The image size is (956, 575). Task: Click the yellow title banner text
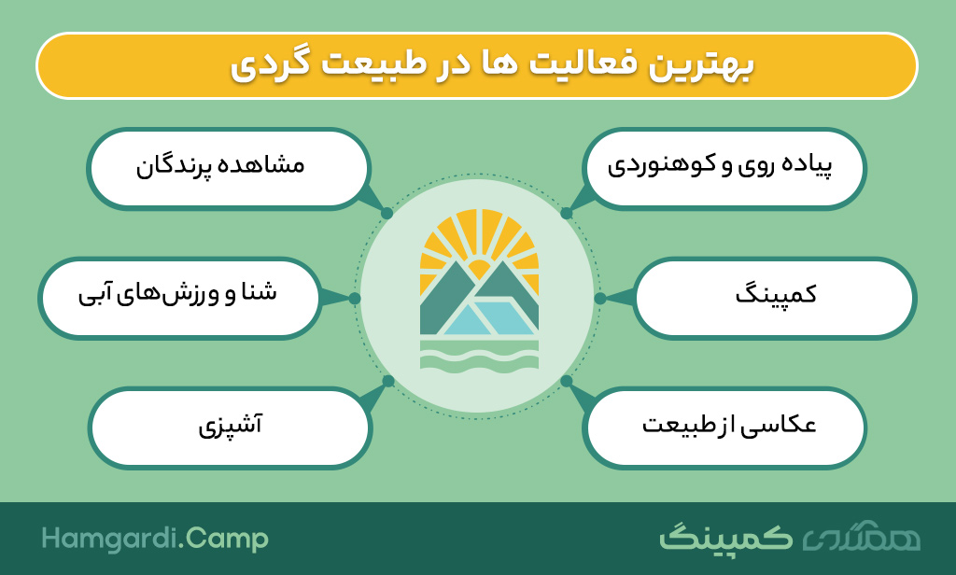point(493,64)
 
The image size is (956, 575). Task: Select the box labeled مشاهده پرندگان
point(229,168)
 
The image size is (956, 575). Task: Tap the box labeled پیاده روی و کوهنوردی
point(724,168)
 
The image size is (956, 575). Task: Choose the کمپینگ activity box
point(774,298)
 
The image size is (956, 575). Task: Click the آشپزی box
point(230,428)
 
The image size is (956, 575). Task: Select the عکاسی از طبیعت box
point(724,428)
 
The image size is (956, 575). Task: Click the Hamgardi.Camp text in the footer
point(155,539)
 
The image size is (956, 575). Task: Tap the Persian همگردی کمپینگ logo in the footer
point(790,537)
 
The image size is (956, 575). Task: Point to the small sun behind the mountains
point(479,269)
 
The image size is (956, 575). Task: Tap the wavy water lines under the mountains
point(479,356)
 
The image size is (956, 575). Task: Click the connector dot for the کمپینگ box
point(600,298)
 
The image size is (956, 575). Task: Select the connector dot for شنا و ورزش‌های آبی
point(355,298)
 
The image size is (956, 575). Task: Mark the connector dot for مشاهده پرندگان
point(387,214)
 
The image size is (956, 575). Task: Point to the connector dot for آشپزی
point(387,381)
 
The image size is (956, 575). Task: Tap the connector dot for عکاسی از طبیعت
point(567,381)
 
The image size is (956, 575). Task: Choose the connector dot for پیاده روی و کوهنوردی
point(567,213)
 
